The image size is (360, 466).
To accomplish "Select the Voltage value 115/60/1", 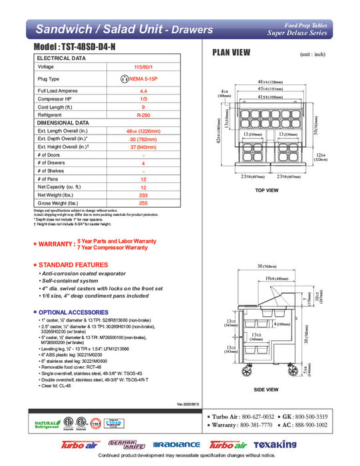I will tap(142, 67).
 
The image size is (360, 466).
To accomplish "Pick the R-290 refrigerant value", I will tap(142, 115).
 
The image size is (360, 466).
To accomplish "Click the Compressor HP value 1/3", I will tap(142, 99).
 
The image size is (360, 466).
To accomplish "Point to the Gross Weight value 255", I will tap(142, 204).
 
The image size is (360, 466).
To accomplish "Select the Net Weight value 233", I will tap(142, 194).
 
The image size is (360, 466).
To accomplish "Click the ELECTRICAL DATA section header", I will tap(62, 59).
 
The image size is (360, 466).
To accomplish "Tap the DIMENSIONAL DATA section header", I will tap(63, 123).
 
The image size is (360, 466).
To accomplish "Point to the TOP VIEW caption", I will tap(267, 191).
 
